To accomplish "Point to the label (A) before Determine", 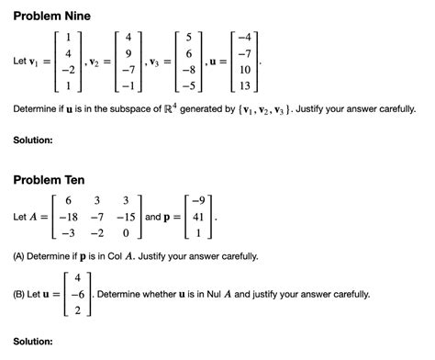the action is pos(21,256).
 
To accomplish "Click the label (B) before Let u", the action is pos(21,295).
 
